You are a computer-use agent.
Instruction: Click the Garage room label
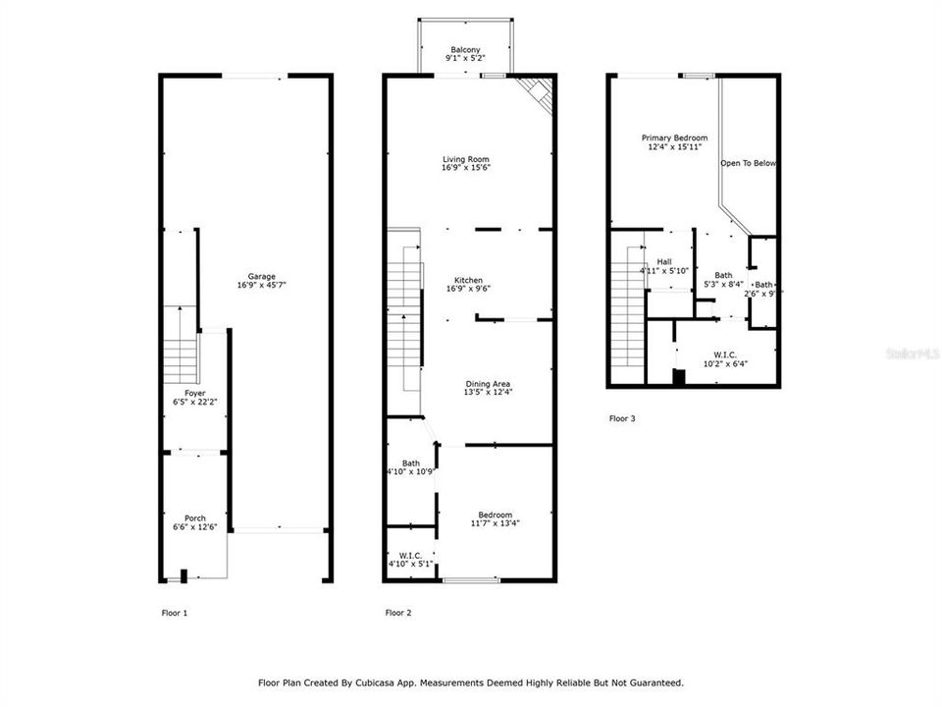(261, 281)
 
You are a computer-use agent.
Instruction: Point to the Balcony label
(465, 54)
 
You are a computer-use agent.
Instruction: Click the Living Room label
(465, 163)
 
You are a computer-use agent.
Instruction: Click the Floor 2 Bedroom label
(495, 519)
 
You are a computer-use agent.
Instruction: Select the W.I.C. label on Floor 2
(410, 560)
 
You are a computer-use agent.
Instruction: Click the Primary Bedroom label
(674, 142)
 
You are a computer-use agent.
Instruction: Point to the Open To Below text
(748, 163)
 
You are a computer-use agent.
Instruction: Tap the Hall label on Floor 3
(664, 265)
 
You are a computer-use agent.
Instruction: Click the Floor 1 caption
(174, 613)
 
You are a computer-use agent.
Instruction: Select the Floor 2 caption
(398, 613)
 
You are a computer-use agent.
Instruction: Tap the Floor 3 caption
(622, 418)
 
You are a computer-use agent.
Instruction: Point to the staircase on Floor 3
(626, 314)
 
